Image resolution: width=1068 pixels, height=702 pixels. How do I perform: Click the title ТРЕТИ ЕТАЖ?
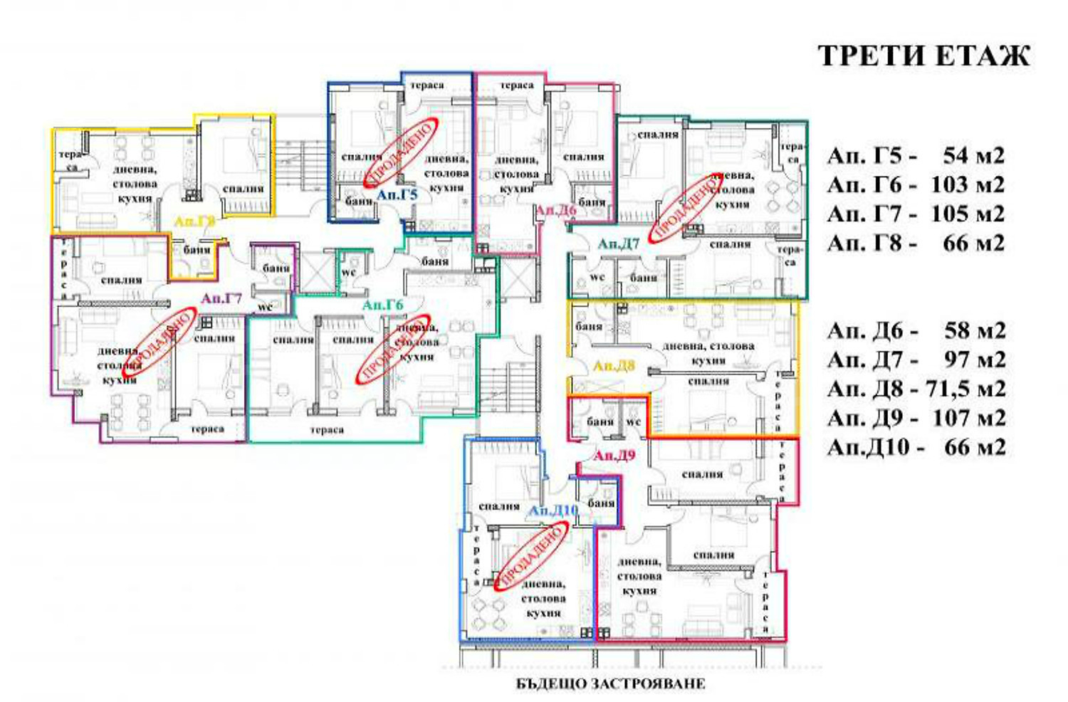click(x=923, y=56)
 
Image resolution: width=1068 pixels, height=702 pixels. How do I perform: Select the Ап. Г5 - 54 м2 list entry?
click(x=916, y=156)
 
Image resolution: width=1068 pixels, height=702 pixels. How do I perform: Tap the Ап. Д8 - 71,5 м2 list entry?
click(x=916, y=389)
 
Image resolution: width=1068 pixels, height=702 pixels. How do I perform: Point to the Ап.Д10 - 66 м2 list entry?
click(x=916, y=448)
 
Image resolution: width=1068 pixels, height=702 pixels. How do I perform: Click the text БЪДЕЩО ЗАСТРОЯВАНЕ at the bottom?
click(x=610, y=684)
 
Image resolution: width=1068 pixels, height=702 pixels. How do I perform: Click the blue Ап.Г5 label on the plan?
click(x=397, y=194)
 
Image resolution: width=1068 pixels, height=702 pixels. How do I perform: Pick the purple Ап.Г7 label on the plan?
click(x=221, y=298)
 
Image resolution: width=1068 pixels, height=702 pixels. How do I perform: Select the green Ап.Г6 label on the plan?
click(x=382, y=305)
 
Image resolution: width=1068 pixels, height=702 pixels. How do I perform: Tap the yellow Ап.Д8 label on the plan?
click(x=614, y=367)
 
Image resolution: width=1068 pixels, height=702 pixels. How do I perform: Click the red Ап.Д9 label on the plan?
click(x=614, y=455)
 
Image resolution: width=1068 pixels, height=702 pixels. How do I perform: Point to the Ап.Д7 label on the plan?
click(x=618, y=244)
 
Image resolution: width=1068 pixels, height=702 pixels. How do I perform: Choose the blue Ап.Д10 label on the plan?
click(x=553, y=511)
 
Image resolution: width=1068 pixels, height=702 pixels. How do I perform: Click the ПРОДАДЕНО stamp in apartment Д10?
click(x=533, y=555)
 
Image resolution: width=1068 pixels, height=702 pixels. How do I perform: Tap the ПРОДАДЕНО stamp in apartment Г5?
click(x=400, y=154)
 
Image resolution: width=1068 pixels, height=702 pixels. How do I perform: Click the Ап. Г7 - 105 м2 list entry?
click(x=916, y=214)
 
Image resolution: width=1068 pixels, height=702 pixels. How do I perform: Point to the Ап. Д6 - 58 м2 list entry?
click(x=916, y=331)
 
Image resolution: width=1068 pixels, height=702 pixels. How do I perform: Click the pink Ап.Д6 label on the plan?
click(x=555, y=210)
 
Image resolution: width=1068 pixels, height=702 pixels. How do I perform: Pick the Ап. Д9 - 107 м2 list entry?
click(x=916, y=419)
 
